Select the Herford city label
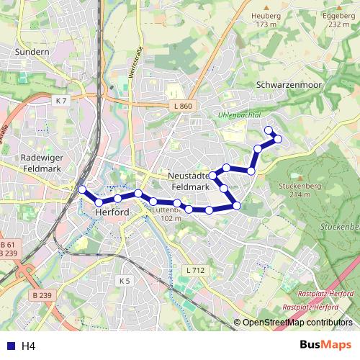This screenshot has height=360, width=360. coord(112,212)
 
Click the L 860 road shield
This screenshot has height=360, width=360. coord(183,107)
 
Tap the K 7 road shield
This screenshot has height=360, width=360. coord(61,102)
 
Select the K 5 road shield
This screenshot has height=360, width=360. coord(125,280)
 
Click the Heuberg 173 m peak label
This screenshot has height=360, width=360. coord(266,19)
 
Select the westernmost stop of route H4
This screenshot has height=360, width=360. coord(81,190)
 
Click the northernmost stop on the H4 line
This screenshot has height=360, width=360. coord(269,130)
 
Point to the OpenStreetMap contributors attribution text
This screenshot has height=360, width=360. coord(297,323)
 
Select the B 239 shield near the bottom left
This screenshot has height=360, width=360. coord(43,295)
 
